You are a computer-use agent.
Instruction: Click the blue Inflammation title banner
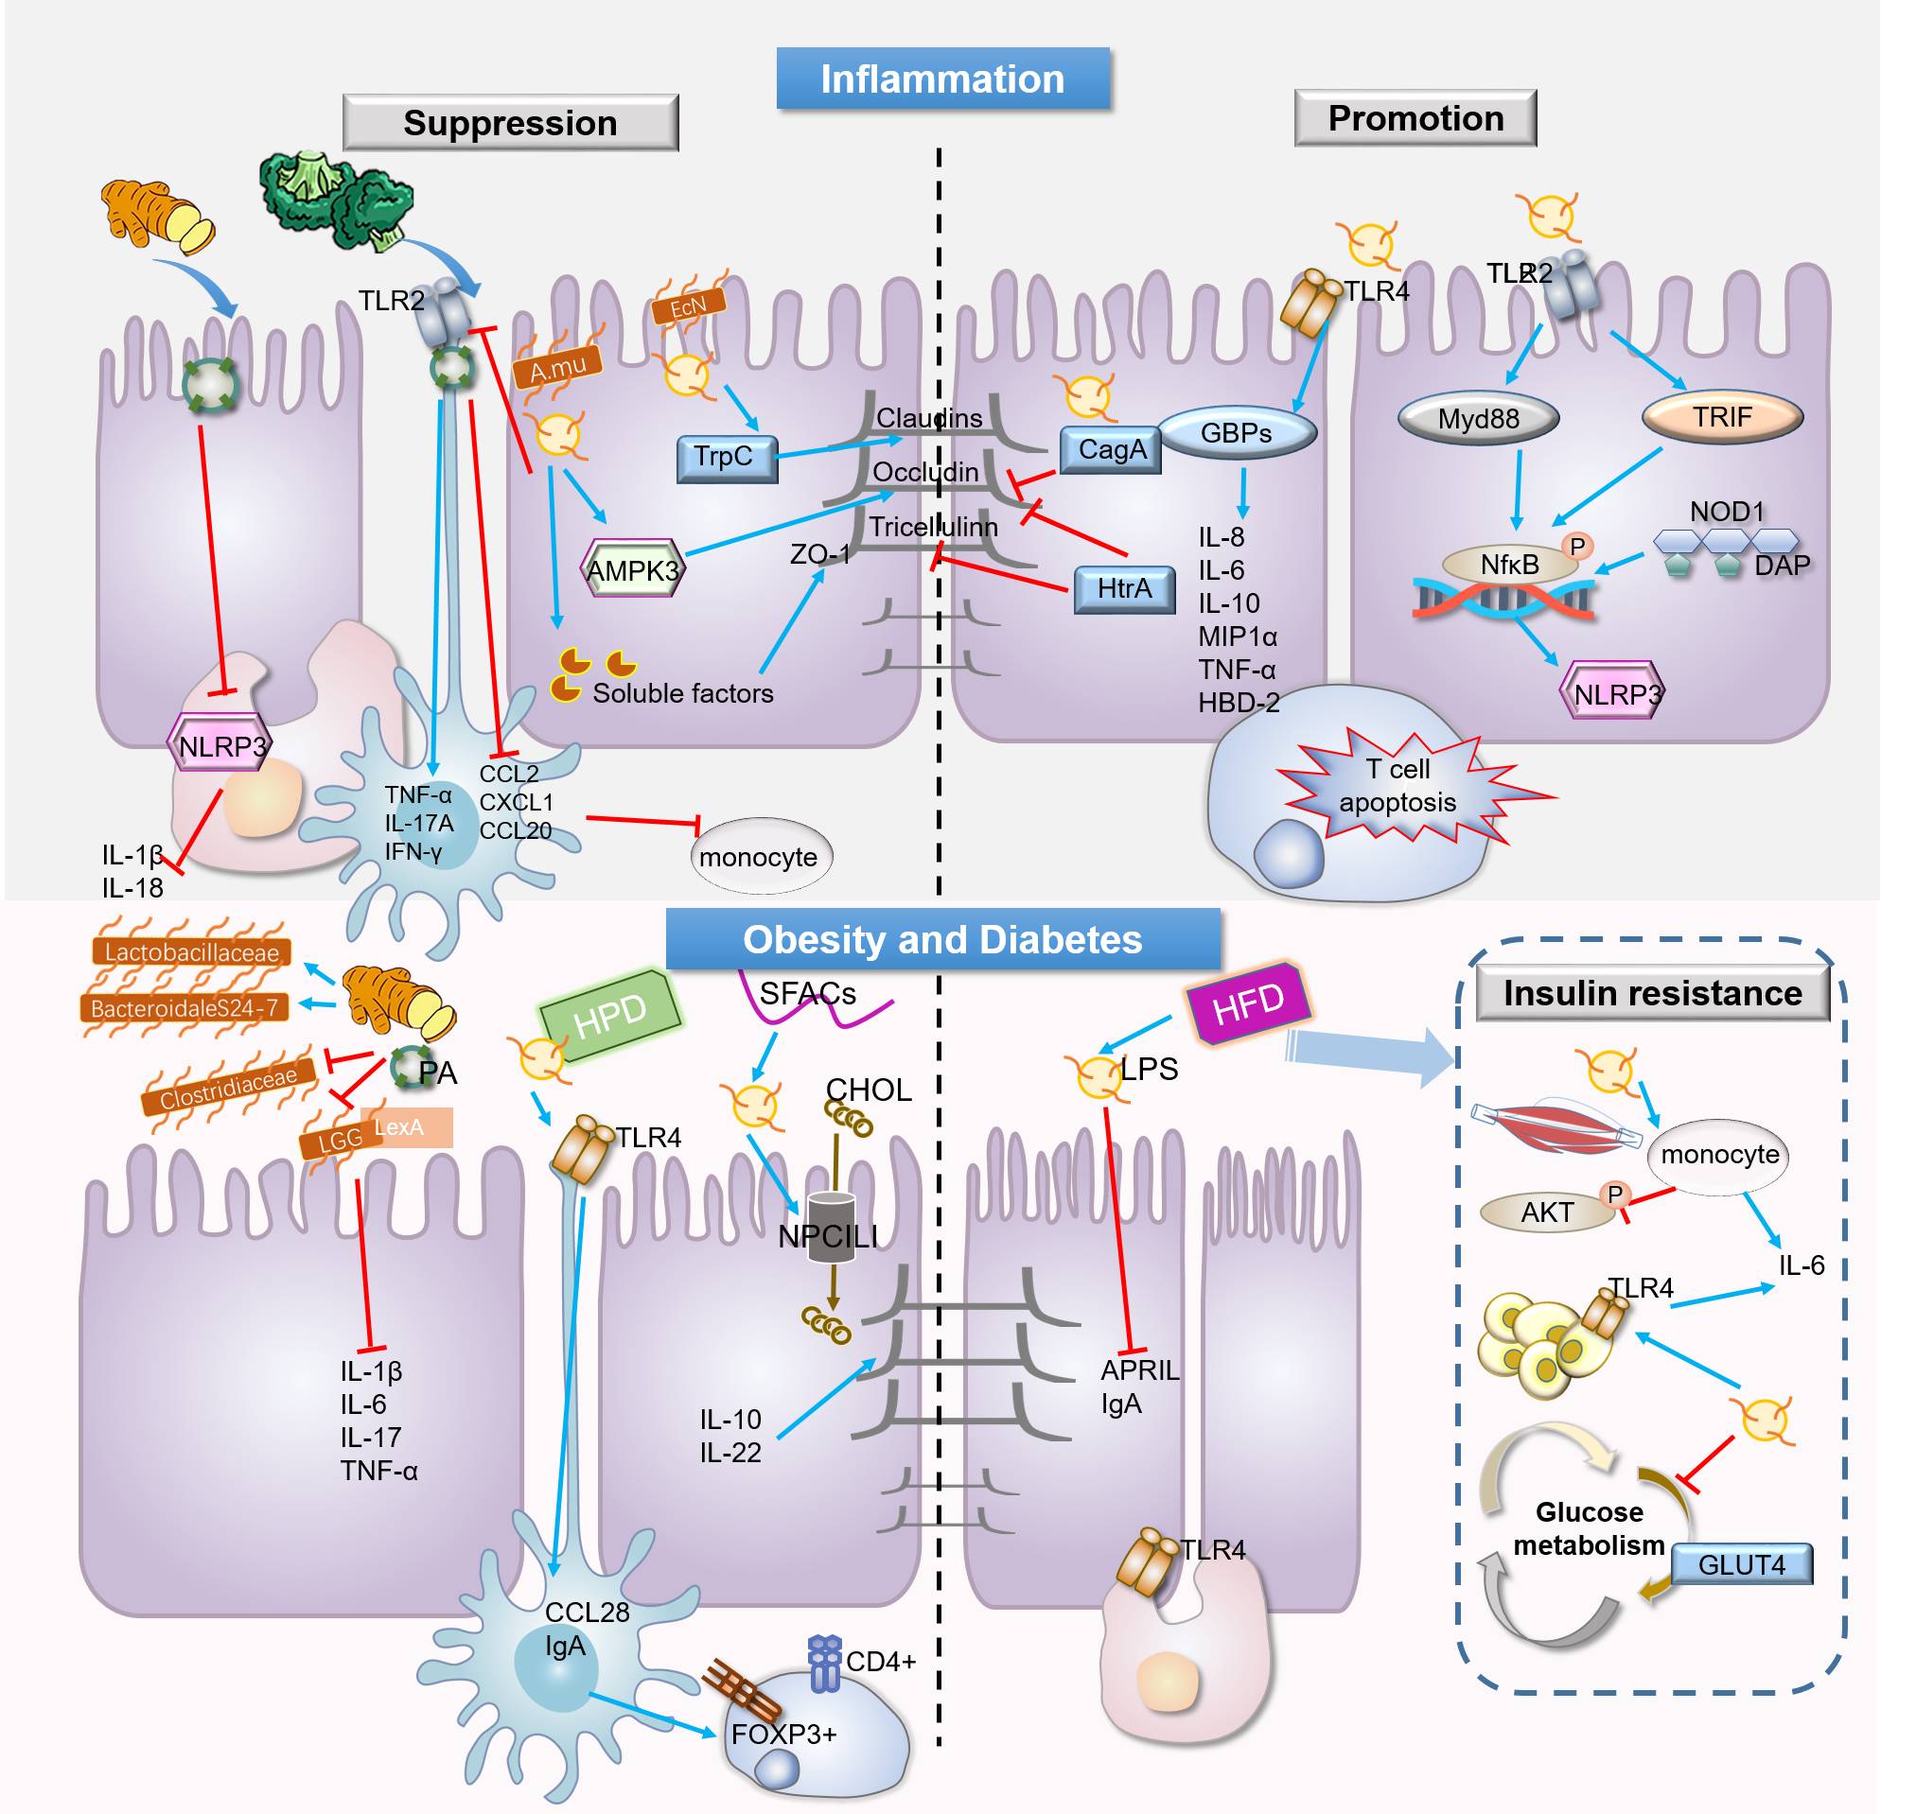(x=942, y=78)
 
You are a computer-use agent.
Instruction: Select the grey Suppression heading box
(x=510, y=123)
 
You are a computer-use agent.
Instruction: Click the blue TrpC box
(x=728, y=458)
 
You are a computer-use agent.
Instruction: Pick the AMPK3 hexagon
(x=633, y=569)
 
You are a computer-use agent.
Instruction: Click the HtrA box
(x=1124, y=589)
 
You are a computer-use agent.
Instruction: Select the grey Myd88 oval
(x=1478, y=419)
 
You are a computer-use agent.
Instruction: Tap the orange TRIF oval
(x=1722, y=417)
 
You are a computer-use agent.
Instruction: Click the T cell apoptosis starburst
(x=1397, y=785)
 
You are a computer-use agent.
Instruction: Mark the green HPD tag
(x=610, y=1016)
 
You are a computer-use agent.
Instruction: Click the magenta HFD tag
(x=1249, y=1003)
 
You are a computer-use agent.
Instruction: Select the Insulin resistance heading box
(x=1652, y=994)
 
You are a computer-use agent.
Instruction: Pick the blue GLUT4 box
(x=1741, y=1563)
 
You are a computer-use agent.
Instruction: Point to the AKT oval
(x=1548, y=1212)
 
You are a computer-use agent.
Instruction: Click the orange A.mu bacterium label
(x=558, y=368)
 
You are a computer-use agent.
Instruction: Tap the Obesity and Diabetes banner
(x=942, y=940)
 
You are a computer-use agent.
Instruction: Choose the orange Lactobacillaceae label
(x=191, y=952)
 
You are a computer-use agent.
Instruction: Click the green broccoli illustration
(x=334, y=199)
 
